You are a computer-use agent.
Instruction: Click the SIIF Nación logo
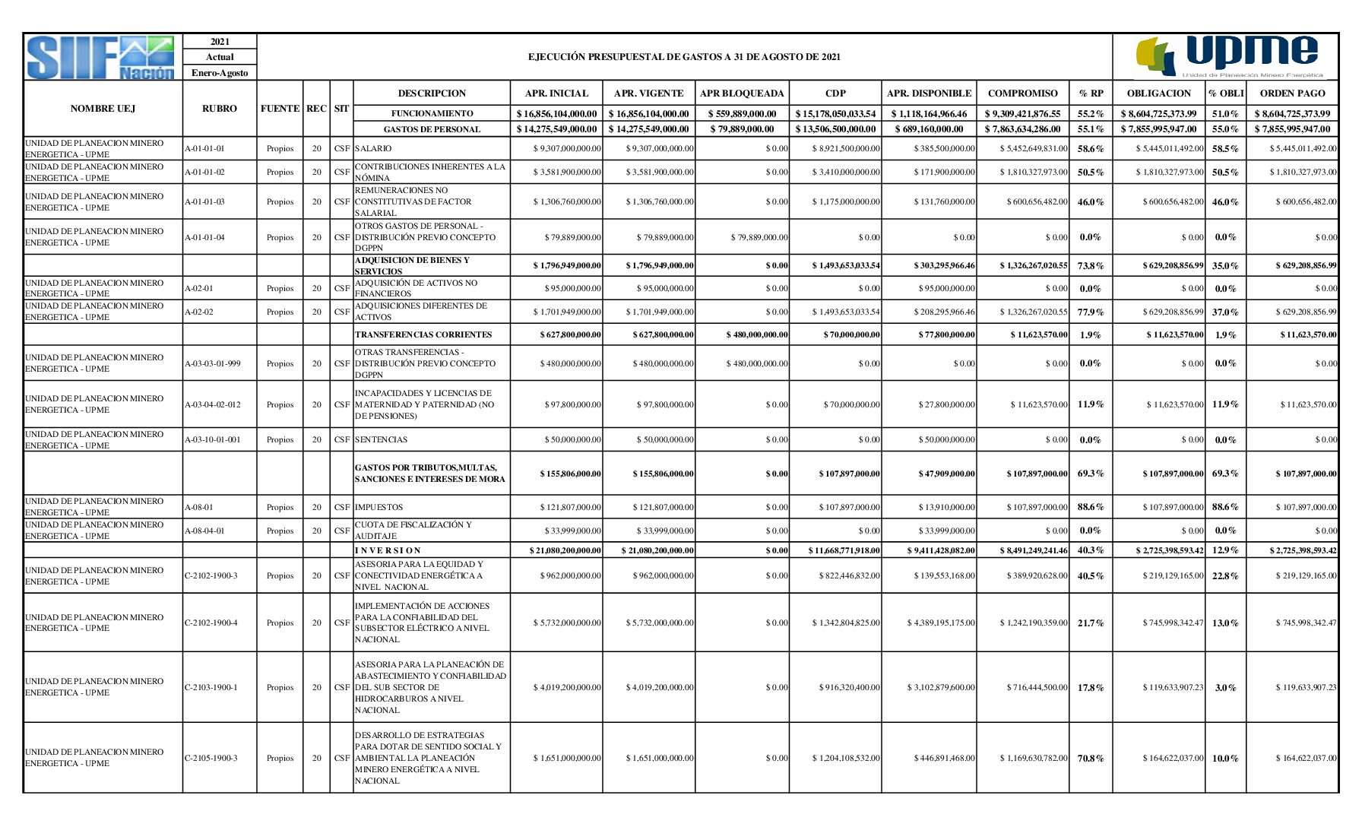[102, 57]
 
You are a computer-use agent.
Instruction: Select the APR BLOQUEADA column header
[741, 93]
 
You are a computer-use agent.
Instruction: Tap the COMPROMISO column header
[1022, 93]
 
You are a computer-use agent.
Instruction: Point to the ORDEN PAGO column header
[1292, 93]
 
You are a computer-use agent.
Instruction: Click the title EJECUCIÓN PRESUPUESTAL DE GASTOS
[684, 57]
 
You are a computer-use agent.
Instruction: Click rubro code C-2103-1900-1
[211, 688]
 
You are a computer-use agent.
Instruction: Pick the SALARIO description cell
[373, 149]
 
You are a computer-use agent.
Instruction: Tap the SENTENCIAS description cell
[381, 440]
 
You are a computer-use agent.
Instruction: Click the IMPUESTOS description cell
[379, 508]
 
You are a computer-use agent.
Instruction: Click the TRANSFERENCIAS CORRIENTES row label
[423, 335]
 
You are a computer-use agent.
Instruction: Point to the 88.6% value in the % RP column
[1091, 507]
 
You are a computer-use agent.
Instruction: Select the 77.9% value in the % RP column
[1091, 312]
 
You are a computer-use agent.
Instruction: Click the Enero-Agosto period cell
[220, 73]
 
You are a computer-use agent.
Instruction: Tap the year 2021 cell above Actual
[220, 42]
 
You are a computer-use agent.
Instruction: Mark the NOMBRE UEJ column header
[103, 109]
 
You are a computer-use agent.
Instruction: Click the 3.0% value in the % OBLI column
[1225, 688]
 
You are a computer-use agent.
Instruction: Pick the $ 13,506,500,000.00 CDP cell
[835, 129]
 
